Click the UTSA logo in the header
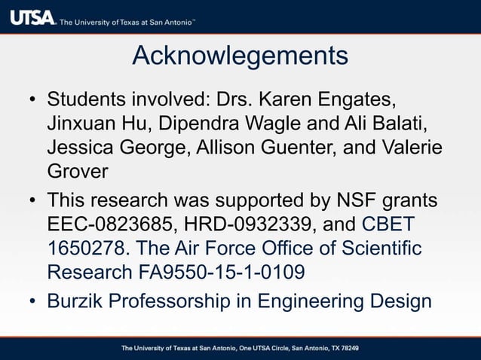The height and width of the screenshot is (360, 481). [x=32, y=17]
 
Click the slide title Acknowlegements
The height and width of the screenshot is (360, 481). [x=240, y=55]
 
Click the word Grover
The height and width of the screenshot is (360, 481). [x=78, y=171]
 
